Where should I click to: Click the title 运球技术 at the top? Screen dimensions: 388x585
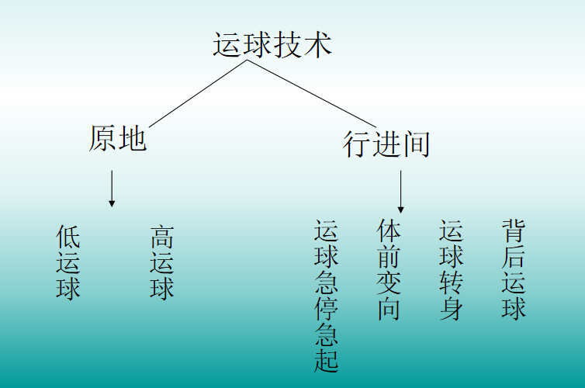[272, 44]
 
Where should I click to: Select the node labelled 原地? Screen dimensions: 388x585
[117, 140]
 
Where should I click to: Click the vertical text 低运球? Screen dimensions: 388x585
[68, 262]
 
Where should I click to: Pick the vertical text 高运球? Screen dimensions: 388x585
[161, 262]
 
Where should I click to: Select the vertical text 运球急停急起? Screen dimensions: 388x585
[326, 296]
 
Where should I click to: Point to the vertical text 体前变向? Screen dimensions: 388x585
[389, 269]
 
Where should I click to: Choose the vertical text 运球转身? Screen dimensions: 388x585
[451, 269]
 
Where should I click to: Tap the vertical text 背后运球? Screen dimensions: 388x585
[513, 269]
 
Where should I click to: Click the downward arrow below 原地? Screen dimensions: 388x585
[112, 189]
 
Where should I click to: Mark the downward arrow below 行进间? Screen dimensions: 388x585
[400, 192]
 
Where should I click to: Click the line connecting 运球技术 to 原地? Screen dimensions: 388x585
[198, 94]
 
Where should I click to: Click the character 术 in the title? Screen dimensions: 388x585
[317, 44]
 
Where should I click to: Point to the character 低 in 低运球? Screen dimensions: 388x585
[68, 237]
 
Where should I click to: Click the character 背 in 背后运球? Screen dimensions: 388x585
[513, 231]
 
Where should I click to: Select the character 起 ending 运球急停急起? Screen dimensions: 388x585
[326, 360]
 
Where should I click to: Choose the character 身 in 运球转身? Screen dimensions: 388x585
[451, 308]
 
